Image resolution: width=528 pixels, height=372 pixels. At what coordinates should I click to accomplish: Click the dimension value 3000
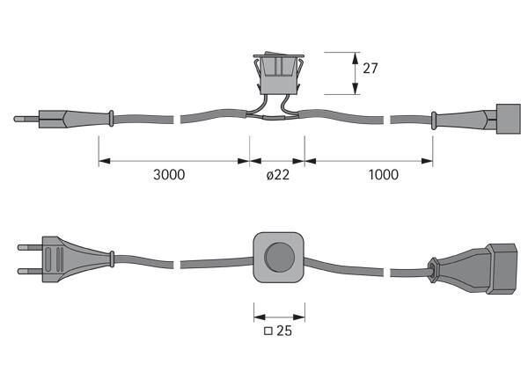(169, 174)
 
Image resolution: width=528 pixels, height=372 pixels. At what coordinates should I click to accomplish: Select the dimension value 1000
(383, 174)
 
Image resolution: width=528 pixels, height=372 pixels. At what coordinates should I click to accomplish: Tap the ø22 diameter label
(278, 174)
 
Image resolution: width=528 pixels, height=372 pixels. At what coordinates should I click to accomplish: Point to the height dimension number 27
(371, 68)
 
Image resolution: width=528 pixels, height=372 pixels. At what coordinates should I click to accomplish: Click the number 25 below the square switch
(284, 332)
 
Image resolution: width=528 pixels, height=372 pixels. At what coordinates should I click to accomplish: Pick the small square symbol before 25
(268, 332)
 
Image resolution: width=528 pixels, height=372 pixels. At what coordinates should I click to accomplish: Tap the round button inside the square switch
(279, 259)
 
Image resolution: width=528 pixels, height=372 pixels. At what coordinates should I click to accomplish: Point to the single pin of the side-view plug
(26, 117)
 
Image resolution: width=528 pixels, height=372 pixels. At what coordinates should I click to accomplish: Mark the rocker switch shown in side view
(278, 75)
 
